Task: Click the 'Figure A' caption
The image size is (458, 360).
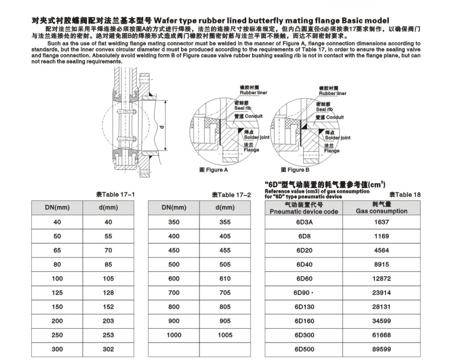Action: click(214, 170)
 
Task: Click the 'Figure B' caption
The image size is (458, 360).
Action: click(295, 170)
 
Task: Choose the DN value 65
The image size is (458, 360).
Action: click(57, 250)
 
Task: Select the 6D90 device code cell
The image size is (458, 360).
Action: click(304, 292)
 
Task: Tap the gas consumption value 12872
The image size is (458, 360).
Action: click(382, 278)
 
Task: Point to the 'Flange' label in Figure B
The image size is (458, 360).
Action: click(332, 151)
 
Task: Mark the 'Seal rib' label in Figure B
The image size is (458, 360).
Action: click(326, 109)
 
